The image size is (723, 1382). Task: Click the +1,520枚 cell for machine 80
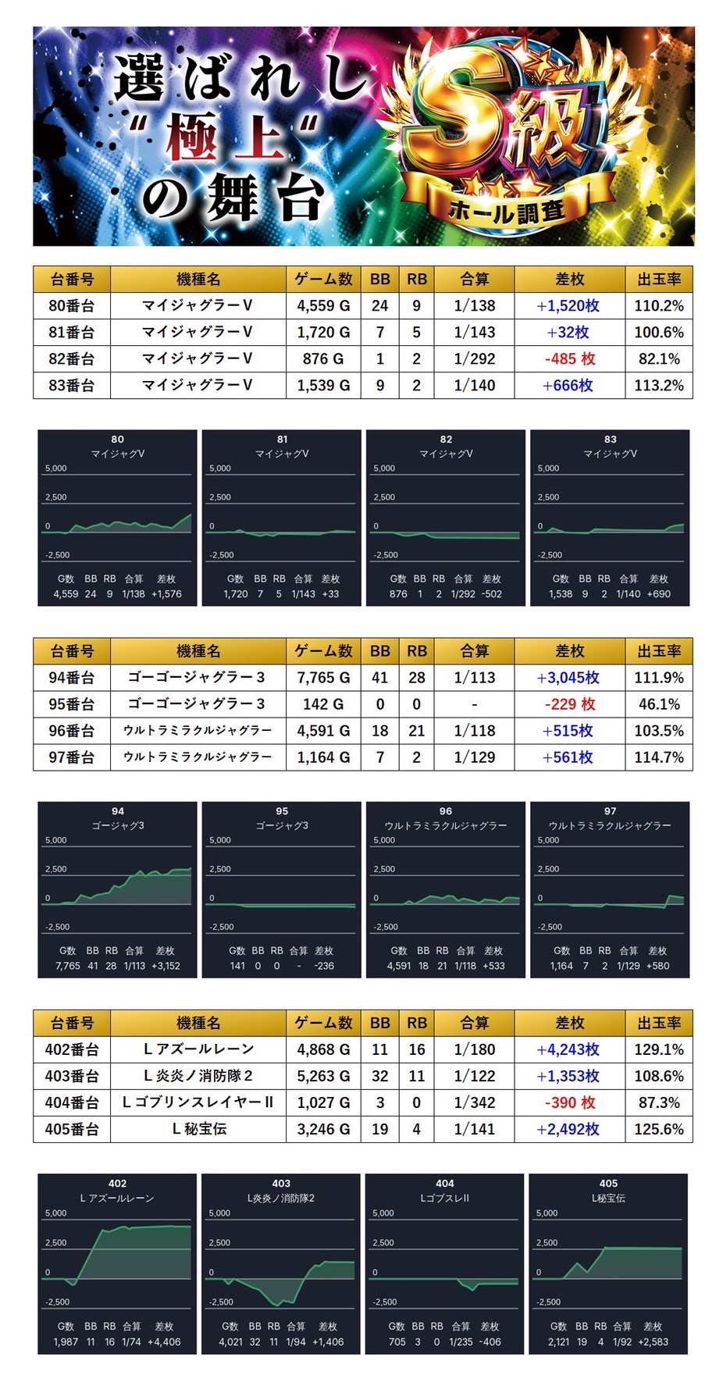[568, 306]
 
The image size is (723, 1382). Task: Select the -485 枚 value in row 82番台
[569, 359]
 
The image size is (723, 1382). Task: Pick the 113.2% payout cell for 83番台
[658, 386]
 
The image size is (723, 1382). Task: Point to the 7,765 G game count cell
[323, 678]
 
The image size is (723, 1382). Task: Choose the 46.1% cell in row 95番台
[658, 704]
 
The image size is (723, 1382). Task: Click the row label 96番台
[71, 731]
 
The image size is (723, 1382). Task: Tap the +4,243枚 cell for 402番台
[568, 1050]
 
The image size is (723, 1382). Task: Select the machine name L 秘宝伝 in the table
[198, 1129]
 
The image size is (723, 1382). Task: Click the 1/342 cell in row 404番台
[474, 1102]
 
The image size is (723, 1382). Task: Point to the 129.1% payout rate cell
[658, 1050]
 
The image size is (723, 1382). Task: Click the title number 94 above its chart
[117, 811]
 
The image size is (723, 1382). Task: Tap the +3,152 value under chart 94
[166, 966]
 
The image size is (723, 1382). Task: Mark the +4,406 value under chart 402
[164, 1341]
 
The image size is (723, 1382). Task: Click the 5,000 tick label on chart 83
[548, 468]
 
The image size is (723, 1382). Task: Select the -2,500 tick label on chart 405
[548, 1302]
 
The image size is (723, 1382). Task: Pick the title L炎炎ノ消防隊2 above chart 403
[281, 1198]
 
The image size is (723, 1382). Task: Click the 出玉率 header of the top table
[658, 279]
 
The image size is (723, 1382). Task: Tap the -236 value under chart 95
[324, 966]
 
